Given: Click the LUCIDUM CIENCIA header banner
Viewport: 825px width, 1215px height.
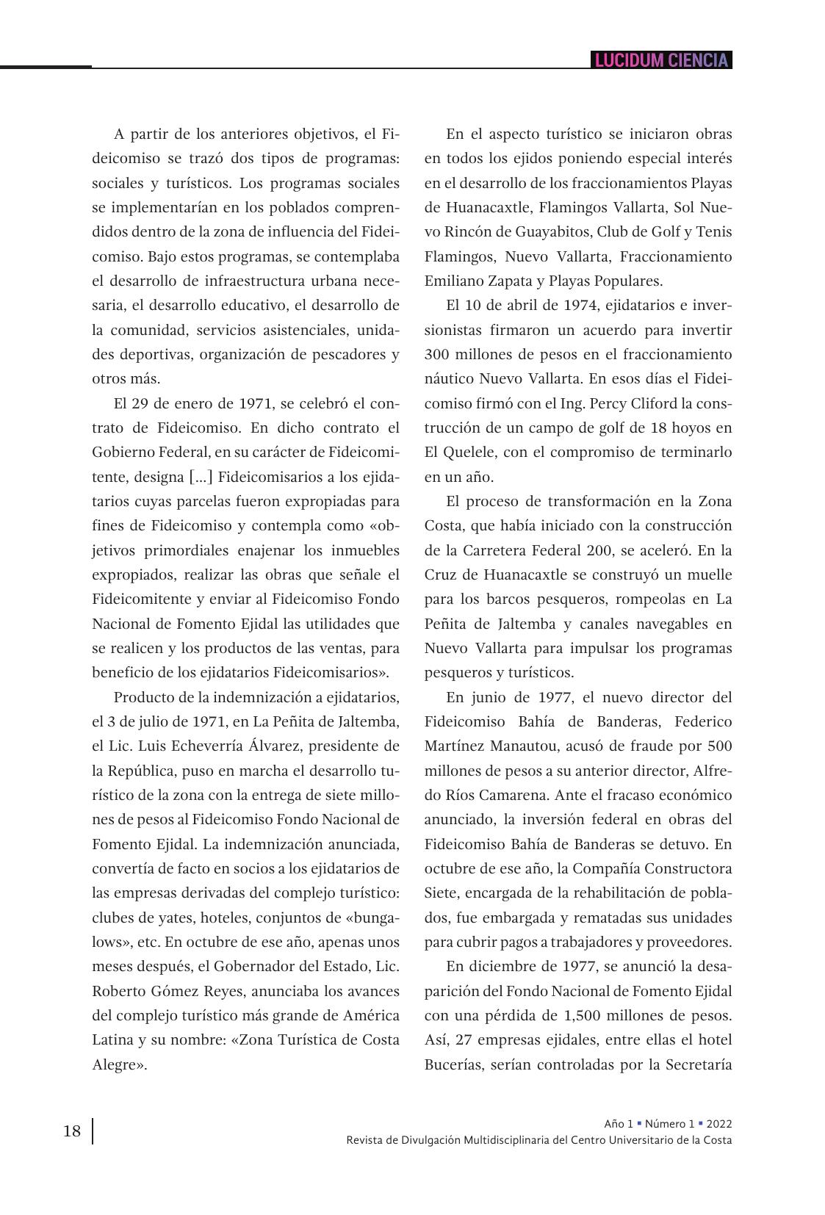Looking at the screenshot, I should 661,60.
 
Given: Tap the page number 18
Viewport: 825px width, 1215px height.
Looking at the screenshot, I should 72,1131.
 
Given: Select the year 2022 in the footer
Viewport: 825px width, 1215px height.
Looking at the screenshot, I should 719,1123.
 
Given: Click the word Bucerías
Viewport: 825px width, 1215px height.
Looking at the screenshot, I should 456,1064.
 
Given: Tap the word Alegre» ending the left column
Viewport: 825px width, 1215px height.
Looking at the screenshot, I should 119,1064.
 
